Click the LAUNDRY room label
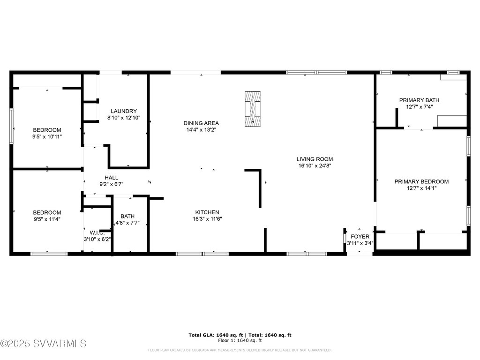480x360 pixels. coord(124,111)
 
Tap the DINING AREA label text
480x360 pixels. coord(201,123)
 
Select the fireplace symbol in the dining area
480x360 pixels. coord(253,108)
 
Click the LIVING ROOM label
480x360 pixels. coord(315,159)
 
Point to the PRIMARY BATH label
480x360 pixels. coord(419,100)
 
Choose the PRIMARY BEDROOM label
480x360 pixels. coord(421,181)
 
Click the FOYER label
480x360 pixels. coord(360,236)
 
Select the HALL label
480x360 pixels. coord(111,178)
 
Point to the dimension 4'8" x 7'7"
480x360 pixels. coord(127,223)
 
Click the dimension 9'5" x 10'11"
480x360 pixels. coord(47,136)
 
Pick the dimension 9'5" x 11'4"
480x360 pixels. coord(47,219)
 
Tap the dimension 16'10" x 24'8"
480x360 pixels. coord(315,165)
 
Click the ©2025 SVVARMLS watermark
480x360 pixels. coord(44,344)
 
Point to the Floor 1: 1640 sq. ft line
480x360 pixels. coord(240,341)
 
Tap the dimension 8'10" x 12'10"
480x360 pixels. coord(124,118)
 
